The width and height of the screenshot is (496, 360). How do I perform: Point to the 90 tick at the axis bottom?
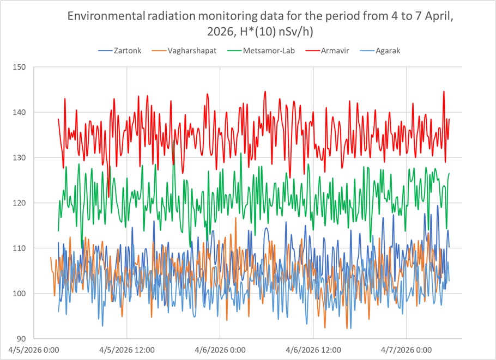click(22, 339)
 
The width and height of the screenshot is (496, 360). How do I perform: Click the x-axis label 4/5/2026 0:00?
click(34, 350)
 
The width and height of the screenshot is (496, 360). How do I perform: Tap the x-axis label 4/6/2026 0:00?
click(220, 350)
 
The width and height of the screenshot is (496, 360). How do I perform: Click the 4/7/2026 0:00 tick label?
click(407, 350)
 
